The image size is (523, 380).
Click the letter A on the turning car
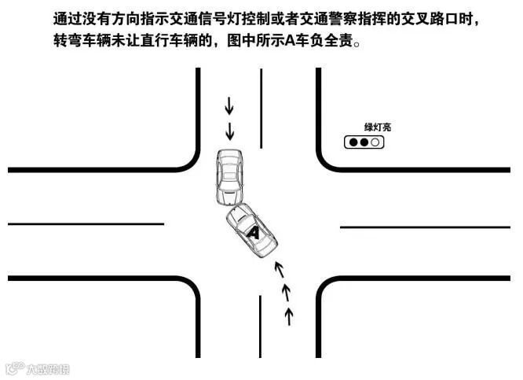click(x=253, y=232)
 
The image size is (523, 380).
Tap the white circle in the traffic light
click(x=375, y=142)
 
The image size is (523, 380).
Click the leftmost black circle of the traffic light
click(x=353, y=142)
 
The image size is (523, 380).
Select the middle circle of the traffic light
click(x=364, y=142)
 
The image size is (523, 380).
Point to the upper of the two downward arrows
click(x=229, y=105)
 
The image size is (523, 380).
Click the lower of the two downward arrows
click(x=229, y=129)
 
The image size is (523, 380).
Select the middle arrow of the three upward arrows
click(x=285, y=293)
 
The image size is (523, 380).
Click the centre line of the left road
click(x=86, y=223)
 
